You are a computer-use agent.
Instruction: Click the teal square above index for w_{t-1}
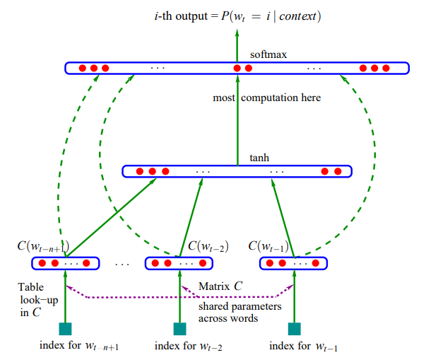tap(294, 328)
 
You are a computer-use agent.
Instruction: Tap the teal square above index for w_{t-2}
tap(179, 328)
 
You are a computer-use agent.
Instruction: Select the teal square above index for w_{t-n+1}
tap(65, 328)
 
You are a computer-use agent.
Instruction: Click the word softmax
tap(268, 54)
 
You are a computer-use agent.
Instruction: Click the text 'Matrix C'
tap(220, 286)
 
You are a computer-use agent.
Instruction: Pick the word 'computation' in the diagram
tap(285, 98)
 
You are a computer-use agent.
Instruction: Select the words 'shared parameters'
tap(239, 306)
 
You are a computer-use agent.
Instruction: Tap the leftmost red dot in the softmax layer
tap(81, 69)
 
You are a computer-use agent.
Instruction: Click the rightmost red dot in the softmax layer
tap(385, 69)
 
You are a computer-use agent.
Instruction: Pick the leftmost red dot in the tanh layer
tap(139, 171)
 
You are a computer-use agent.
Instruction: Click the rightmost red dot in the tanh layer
tap(338, 171)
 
